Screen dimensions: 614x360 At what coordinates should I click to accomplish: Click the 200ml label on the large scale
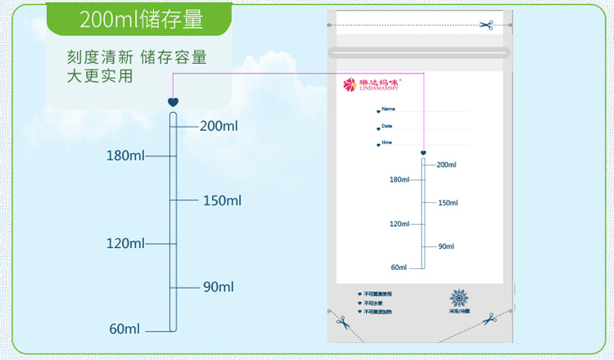[219, 126]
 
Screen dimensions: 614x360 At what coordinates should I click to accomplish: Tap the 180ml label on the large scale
[125, 155]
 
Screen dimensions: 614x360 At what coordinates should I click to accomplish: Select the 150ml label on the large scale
[222, 200]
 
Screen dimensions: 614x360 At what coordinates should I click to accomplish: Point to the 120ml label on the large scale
[125, 243]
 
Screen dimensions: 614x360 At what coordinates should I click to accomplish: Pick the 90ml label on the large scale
[219, 286]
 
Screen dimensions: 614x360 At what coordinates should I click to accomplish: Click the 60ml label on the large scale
[125, 329]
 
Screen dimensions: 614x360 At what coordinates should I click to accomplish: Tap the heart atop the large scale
[173, 102]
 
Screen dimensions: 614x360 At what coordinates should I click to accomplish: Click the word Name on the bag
[389, 109]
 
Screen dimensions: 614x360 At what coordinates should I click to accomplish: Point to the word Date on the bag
[387, 126]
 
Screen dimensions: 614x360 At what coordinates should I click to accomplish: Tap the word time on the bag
[387, 142]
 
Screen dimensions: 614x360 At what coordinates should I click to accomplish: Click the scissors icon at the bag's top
[486, 25]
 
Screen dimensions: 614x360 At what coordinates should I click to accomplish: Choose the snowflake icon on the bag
[459, 297]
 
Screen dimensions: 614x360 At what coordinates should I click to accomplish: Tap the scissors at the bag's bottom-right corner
[490, 318]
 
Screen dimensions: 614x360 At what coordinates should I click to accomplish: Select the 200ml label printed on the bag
[446, 165]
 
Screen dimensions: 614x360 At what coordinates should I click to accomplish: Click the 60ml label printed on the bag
[399, 267]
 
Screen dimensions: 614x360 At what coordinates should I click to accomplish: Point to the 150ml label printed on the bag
[448, 203]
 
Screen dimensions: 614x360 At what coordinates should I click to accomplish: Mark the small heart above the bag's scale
[423, 152]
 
